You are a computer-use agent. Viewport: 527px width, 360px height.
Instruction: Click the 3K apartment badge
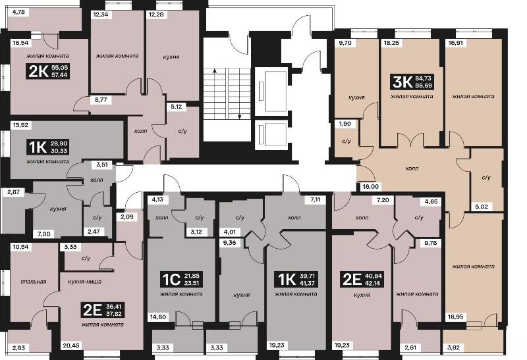pos(412,82)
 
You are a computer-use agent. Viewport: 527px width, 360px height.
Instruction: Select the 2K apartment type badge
pos(48,71)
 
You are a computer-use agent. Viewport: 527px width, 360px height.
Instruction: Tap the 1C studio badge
pos(181,279)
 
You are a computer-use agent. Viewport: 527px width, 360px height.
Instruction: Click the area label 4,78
pos(18,13)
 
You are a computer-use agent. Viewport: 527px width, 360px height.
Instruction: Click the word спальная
pos(34,282)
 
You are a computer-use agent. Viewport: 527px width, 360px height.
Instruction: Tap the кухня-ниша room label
pos(85,282)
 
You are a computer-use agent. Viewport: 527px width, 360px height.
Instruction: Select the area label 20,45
pos(71,346)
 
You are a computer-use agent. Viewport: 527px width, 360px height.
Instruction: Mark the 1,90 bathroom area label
pos(345,124)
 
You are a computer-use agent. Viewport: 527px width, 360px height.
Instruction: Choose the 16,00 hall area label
pos(371,187)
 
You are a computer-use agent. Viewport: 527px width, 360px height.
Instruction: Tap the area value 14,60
pos(158,317)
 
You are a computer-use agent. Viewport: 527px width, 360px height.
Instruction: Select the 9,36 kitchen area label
pos(229,242)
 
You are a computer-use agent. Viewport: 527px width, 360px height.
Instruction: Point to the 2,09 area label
pos(127,217)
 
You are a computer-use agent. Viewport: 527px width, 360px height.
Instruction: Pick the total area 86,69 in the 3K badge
pos(424,86)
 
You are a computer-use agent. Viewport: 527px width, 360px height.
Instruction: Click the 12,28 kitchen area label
pos(156,14)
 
